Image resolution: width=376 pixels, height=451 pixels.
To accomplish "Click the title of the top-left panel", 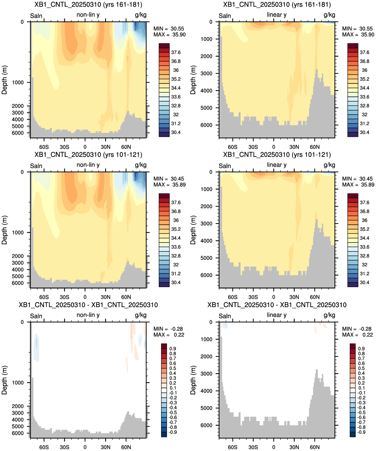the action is pyautogui.click(x=88, y=4).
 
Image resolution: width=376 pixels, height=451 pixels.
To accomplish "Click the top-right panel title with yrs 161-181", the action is pyautogui.click(x=277, y=4).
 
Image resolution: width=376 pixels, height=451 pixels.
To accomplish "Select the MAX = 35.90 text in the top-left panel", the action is pyautogui.click(x=169, y=35).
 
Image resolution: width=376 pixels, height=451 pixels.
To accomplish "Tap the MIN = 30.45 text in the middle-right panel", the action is pyautogui.click(x=358, y=179).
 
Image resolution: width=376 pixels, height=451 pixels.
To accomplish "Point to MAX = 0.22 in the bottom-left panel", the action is pyautogui.click(x=169, y=335).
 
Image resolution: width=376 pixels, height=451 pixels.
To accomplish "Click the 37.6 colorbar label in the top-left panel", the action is pyautogui.click(x=176, y=53).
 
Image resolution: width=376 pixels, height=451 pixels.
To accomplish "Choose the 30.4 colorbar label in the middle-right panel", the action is pyautogui.click(x=364, y=282).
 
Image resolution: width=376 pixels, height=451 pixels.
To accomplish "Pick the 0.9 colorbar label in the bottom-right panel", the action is pyautogui.click(x=361, y=349).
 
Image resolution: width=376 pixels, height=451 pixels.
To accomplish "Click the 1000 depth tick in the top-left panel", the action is pyautogui.click(x=18, y=83).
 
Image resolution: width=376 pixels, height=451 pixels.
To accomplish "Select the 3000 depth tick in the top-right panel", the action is pyautogui.click(x=206, y=73).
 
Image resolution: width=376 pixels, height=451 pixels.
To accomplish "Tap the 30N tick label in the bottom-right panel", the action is pyautogui.click(x=294, y=447).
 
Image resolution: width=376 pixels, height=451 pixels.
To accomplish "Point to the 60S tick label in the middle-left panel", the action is pyautogui.click(x=44, y=297).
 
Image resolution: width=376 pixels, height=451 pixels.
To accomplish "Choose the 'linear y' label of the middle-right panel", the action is pyautogui.click(x=277, y=165).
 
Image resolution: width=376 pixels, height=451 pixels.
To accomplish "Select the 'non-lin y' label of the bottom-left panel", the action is pyautogui.click(x=88, y=315).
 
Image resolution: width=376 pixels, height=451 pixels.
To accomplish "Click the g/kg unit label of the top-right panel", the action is pyautogui.click(x=329, y=15).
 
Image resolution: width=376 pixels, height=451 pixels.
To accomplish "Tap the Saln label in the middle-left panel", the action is pyautogui.click(x=36, y=166).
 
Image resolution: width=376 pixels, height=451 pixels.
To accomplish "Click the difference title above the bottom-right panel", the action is pyautogui.click(x=277, y=305).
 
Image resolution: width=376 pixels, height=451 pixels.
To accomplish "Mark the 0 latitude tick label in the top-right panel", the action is pyautogui.click(x=274, y=147).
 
